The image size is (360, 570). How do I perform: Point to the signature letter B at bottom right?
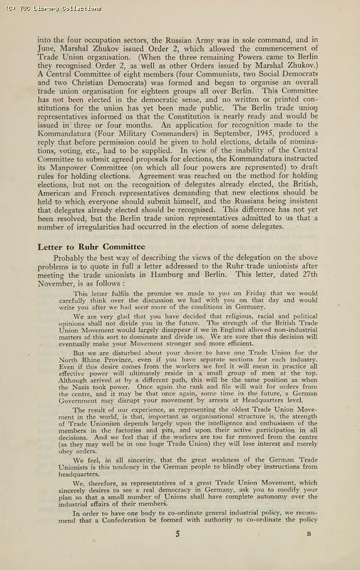(309, 553)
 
